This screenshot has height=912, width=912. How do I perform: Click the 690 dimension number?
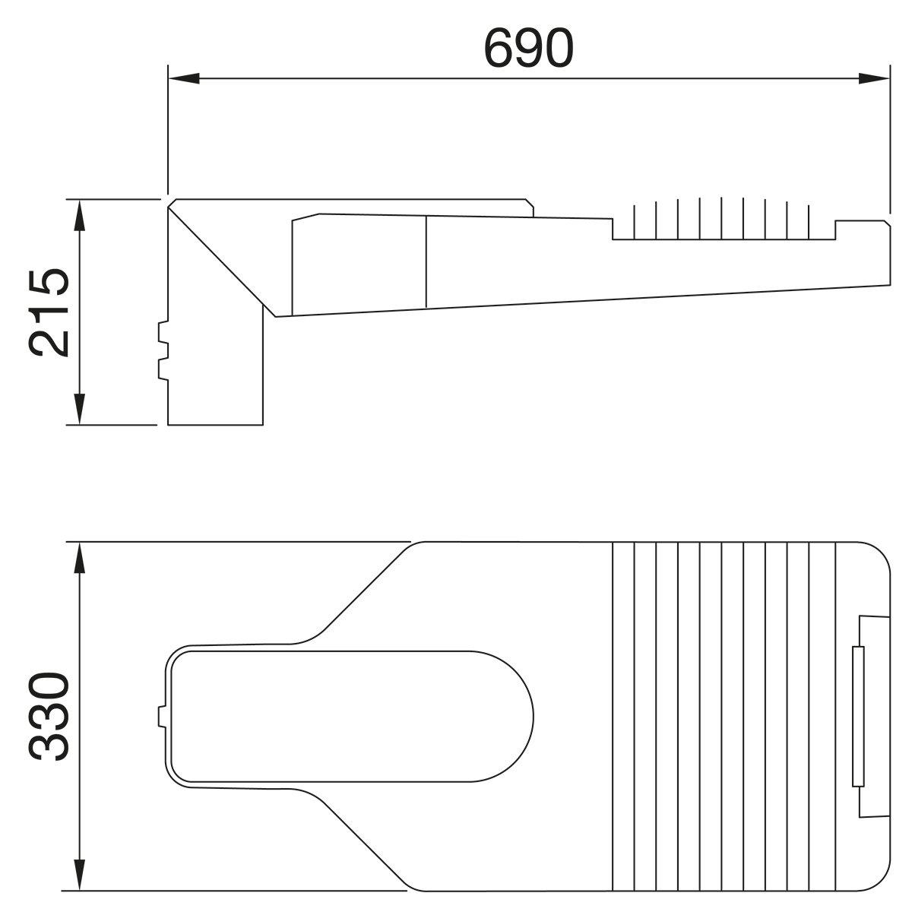pyautogui.click(x=529, y=49)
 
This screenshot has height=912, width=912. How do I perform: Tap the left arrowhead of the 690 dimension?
pyautogui.click(x=184, y=78)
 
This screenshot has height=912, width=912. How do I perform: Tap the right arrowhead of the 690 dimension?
pyautogui.click(x=874, y=78)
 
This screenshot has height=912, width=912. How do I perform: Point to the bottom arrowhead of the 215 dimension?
pyautogui.click(x=80, y=410)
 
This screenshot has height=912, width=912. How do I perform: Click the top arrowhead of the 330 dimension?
pyautogui.click(x=80, y=557)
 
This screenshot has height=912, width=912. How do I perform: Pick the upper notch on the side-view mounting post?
pyautogui.click(x=163, y=333)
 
